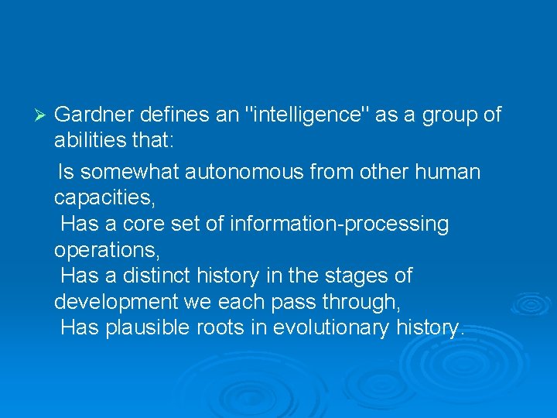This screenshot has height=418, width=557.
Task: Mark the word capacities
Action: tap(104, 198)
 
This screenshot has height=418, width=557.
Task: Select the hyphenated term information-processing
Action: tap(333, 224)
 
